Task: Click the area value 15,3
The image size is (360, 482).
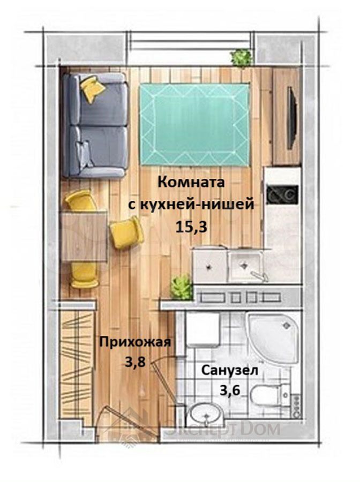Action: coord(191,228)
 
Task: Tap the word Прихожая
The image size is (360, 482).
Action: coord(134,342)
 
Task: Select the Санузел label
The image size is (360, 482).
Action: coord(230,371)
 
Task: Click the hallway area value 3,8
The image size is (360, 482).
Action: coord(136,363)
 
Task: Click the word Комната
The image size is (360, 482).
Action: coord(191,182)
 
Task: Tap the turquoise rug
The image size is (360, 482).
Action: coord(194,124)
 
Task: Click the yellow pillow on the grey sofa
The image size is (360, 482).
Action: coord(92,88)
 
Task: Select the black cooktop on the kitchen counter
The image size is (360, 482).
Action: coord(282,195)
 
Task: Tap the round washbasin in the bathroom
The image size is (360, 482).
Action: coord(206,414)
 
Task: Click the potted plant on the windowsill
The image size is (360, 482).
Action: coord(241,58)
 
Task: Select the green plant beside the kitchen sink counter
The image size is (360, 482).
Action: coord(182,288)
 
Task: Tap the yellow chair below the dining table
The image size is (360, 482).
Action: coord(84,275)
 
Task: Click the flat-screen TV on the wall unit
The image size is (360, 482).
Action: coord(292,118)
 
